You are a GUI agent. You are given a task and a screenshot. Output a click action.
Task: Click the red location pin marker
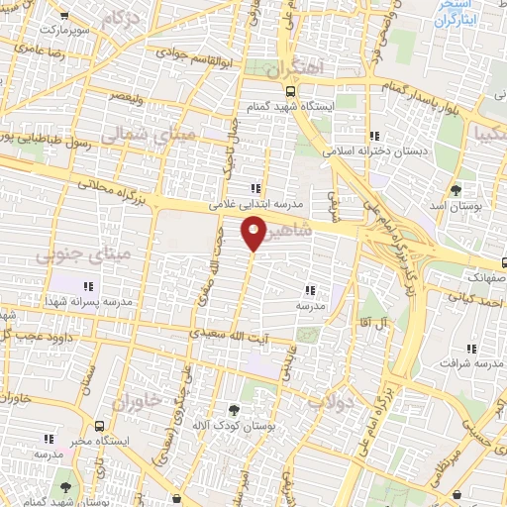coord(253,232)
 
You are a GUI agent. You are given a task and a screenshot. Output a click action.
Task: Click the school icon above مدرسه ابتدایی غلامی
coord(256,188)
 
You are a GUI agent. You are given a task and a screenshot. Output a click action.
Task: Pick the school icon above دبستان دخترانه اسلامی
coord(373,137)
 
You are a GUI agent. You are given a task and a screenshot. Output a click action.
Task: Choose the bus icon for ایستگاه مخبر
coord(47,437)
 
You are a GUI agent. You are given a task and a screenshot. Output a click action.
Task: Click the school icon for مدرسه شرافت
coord(470,349)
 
